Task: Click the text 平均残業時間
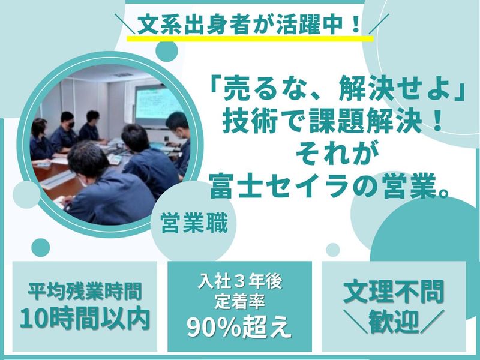pyautogui.click(x=84, y=293)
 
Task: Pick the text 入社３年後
pyautogui.click(x=239, y=281)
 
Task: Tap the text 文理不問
pyautogui.click(x=394, y=292)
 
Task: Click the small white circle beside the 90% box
pyautogui.click(x=332, y=248)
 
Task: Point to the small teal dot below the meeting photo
pyautogui.click(x=40, y=247)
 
